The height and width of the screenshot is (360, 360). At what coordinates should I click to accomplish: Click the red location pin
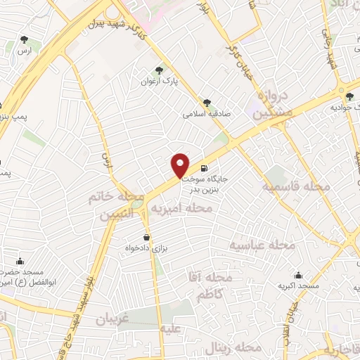tap(181, 165)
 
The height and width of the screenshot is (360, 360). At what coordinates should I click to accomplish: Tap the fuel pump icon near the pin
tap(204, 168)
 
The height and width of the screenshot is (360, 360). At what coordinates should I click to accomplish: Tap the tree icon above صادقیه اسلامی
tap(207, 102)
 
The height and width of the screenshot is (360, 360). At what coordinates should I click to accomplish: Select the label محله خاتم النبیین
tap(116, 205)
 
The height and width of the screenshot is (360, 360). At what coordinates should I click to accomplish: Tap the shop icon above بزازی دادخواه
tap(146, 237)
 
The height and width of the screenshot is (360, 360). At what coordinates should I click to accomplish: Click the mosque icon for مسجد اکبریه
tap(299, 275)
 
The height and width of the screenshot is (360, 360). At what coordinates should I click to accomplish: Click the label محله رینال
tap(234, 347)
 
